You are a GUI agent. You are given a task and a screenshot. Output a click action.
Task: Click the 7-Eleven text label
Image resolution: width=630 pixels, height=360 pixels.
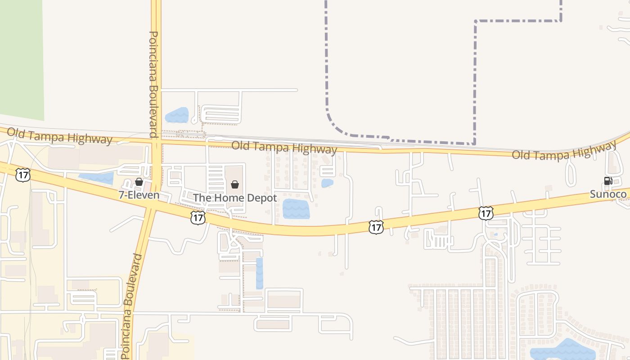[139, 195]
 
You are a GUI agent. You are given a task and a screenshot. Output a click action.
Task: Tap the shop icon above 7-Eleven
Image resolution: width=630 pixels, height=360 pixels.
[139, 182]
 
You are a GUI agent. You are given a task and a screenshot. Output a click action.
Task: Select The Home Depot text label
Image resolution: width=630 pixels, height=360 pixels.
[235, 198]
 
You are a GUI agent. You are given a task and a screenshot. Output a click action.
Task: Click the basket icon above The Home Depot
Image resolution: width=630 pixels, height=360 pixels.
[234, 184]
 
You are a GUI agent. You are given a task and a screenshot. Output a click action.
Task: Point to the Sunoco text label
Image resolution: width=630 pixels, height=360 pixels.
[608, 194]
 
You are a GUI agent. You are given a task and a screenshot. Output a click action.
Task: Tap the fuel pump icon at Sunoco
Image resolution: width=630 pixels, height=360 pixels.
[607, 181]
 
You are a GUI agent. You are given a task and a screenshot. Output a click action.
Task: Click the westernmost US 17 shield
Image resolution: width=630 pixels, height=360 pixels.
[22, 175]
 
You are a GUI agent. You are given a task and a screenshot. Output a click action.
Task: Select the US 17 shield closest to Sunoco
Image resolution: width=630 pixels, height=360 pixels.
[486, 213]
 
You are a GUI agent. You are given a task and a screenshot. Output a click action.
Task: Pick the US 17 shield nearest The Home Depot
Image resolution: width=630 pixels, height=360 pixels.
[198, 218]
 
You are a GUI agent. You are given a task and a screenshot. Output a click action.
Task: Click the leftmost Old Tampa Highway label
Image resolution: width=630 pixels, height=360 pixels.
[59, 136]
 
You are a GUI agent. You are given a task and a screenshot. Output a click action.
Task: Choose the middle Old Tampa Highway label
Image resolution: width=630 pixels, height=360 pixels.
[284, 148]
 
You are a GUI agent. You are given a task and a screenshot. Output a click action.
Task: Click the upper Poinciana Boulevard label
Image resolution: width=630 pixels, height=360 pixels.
[153, 84]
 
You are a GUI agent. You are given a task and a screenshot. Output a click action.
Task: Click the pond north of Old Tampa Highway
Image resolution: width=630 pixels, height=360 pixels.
[177, 115]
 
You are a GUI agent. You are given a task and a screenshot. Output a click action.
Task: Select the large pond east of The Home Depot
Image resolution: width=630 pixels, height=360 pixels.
[296, 209]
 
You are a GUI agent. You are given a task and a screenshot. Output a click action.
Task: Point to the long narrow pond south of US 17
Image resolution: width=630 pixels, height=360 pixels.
[259, 273]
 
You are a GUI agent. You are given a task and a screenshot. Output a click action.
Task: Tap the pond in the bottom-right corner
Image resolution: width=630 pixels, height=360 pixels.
[562, 350]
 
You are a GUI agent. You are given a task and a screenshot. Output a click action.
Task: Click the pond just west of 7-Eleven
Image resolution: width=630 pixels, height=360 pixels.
[97, 178]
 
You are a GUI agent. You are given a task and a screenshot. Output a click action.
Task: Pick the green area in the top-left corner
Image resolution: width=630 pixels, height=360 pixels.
[22, 58]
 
